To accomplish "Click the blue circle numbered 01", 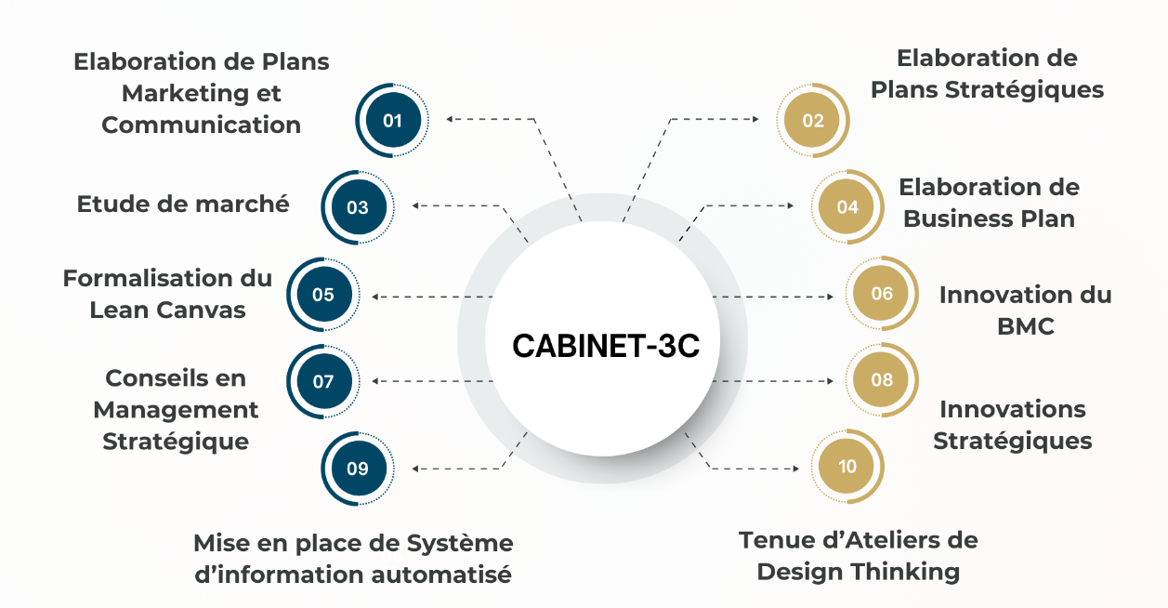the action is coord(393,120).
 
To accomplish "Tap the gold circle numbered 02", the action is coord(813,120).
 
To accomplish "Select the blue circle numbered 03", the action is coord(358,207).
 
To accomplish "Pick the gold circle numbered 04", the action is coord(847,206).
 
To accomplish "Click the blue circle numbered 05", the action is coord(323,295).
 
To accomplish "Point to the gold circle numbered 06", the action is coord(882,293).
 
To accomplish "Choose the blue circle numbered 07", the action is coord(323,381).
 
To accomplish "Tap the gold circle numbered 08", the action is coord(882,379).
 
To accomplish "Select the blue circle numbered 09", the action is coord(358,469).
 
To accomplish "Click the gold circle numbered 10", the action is coord(847,466).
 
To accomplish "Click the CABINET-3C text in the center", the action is coord(606,346).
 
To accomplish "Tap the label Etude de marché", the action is coord(183,204).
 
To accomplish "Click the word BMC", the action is coord(1026,326).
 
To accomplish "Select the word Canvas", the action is coord(201,310).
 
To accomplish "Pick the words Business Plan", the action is coord(990,218).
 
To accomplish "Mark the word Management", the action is coord(176,410).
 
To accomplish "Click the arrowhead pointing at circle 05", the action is coord(374,297).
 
